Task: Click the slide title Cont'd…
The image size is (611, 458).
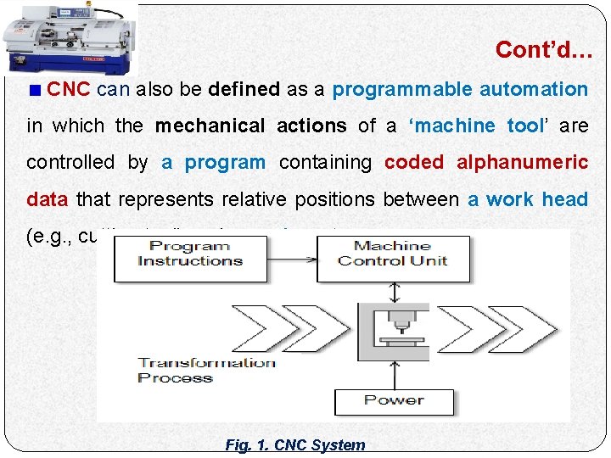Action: point(544,50)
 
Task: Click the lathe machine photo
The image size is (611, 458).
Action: point(69,37)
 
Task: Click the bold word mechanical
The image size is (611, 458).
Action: point(210,126)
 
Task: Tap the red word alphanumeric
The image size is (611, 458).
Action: point(518,162)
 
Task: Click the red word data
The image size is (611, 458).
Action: point(48,199)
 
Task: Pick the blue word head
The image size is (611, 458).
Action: point(565,199)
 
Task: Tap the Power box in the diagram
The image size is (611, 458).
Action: point(393,400)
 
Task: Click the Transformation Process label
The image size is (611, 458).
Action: point(206,370)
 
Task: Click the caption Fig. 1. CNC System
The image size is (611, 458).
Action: point(295,444)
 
